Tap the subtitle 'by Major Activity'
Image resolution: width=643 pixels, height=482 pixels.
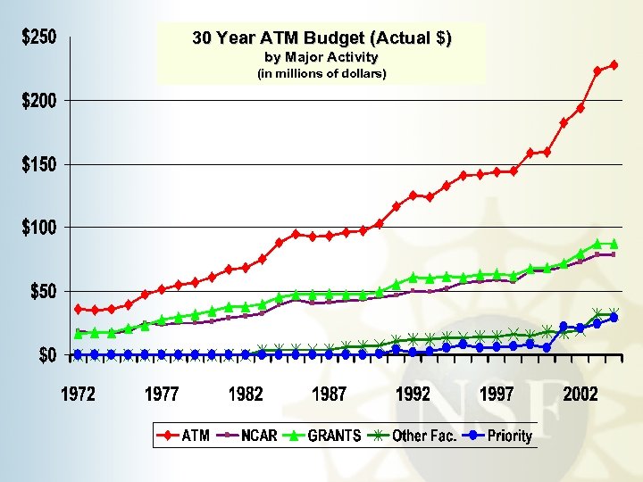pos(321,58)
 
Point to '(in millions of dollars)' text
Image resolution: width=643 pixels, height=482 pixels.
pos(321,74)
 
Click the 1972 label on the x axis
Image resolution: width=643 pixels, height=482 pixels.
pos(78,395)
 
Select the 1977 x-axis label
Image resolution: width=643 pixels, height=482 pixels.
pos(162,395)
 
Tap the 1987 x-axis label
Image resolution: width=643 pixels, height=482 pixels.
pos(330,395)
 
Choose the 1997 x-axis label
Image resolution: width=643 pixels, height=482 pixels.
pos(497,395)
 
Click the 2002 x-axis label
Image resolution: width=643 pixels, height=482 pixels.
pos(581,395)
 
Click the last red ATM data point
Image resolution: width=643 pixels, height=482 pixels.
pos(614,65)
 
